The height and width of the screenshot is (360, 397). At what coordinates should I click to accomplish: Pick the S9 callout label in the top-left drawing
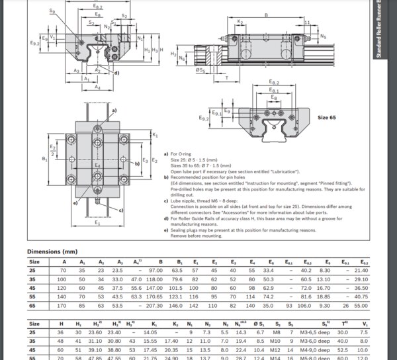point(53,11)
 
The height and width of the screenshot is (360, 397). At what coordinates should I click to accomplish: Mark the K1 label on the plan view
point(154,135)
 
